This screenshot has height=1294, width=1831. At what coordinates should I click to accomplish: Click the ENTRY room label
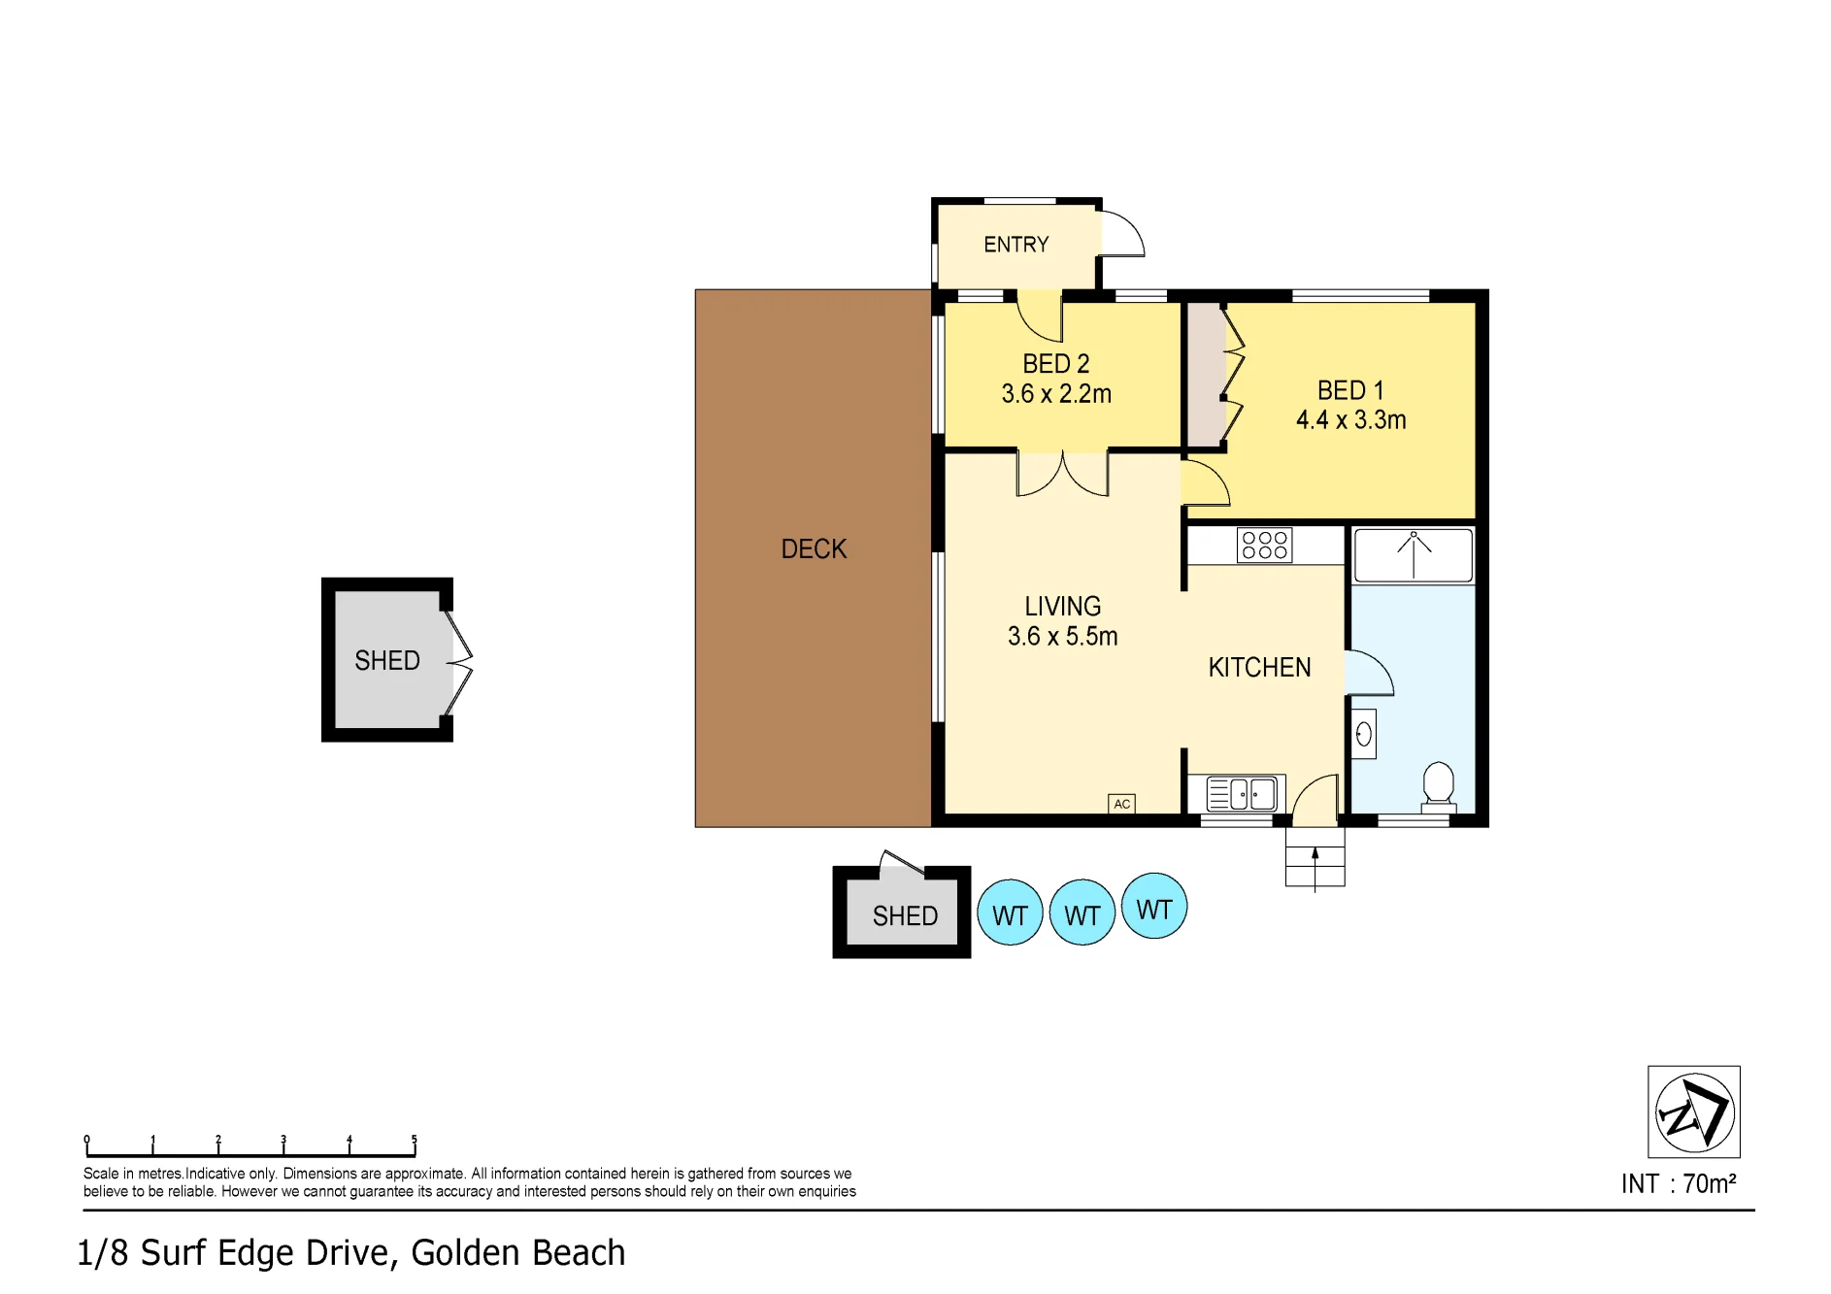click(x=1016, y=245)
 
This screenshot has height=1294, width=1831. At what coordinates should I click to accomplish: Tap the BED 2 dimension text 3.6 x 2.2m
click(x=1056, y=394)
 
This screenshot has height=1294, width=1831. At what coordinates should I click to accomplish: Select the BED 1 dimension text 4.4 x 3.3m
click(x=1350, y=420)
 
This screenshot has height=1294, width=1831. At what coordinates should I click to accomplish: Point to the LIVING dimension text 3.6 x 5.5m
click(x=1062, y=637)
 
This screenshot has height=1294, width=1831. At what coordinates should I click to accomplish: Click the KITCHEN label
click(x=1259, y=668)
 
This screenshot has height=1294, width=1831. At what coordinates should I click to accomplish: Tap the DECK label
click(x=814, y=549)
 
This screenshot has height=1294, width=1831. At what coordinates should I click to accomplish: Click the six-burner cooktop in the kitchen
click(x=1264, y=545)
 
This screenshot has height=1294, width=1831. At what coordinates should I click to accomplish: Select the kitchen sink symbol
click(x=1242, y=794)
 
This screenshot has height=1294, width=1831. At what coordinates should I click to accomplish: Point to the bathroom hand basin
click(x=1363, y=734)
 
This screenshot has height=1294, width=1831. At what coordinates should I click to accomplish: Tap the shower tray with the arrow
click(x=1413, y=555)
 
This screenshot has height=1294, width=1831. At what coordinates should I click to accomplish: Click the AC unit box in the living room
click(x=1121, y=804)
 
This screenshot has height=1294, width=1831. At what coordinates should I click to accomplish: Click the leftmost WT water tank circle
click(x=1010, y=912)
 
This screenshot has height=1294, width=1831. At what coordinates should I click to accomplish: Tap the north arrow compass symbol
click(x=1694, y=1112)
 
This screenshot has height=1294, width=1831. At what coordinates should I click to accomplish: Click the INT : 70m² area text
click(x=1679, y=1184)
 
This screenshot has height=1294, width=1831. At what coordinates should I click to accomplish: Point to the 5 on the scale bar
click(x=415, y=1140)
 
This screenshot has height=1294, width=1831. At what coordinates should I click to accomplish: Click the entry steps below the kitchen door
click(x=1315, y=857)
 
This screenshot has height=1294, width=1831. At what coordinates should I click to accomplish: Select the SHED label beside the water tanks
click(x=905, y=916)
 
